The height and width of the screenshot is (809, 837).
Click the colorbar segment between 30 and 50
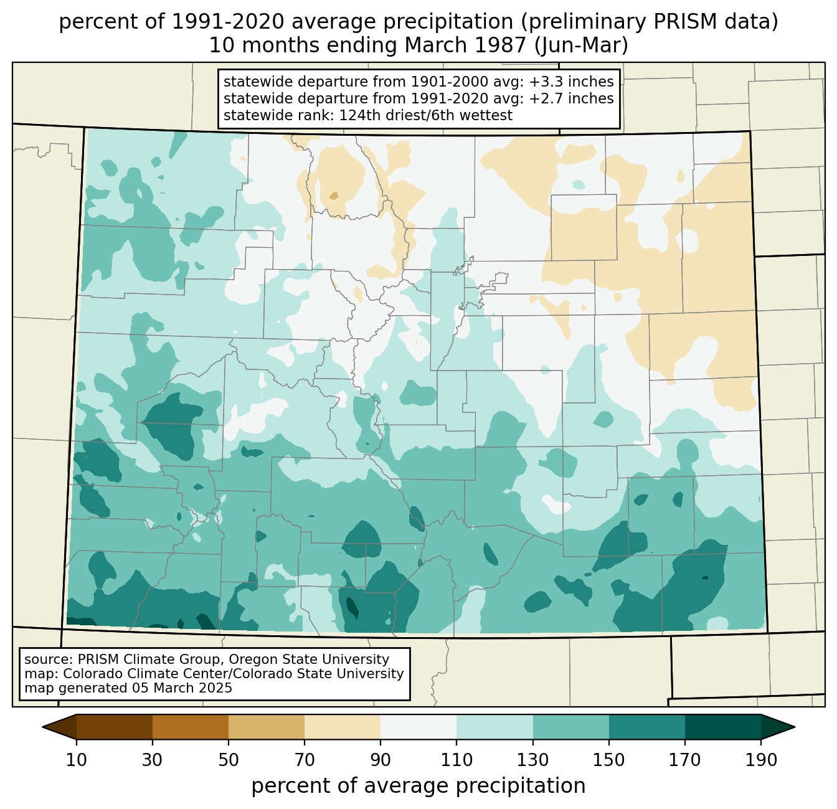coord(190,727)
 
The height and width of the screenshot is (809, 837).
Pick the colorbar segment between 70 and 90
coord(343,727)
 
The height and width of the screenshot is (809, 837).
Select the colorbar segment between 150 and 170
coord(647,727)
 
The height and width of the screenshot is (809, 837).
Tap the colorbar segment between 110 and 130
coord(494,727)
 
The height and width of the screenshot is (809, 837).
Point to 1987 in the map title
coord(506,45)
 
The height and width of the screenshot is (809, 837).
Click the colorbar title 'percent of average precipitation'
coord(418,785)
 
